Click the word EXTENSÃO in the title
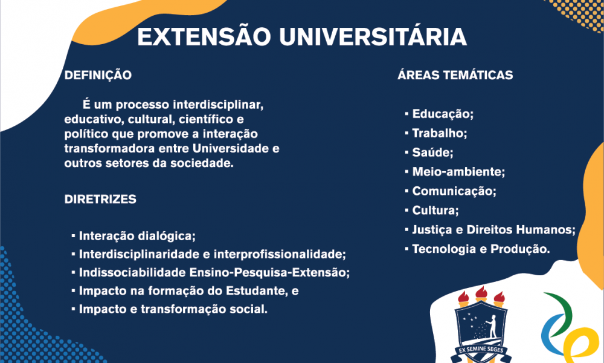tap(204, 37)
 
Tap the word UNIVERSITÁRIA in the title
tap(373, 37)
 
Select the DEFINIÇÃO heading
tap(98, 75)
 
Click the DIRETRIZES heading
tap(100, 199)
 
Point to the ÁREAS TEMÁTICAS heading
tap(455, 75)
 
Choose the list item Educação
tap(443, 114)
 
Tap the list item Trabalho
tap(440, 133)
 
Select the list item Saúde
tap(432, 152)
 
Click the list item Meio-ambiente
tap(458, 172)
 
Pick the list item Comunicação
tap(454, 191)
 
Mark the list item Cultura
tap(435, 211)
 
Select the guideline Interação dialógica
tap(137, 236)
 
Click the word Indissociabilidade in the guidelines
tap(132, 273)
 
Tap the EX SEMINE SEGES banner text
tap(480, 350)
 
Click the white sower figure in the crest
tap(492, 325)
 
